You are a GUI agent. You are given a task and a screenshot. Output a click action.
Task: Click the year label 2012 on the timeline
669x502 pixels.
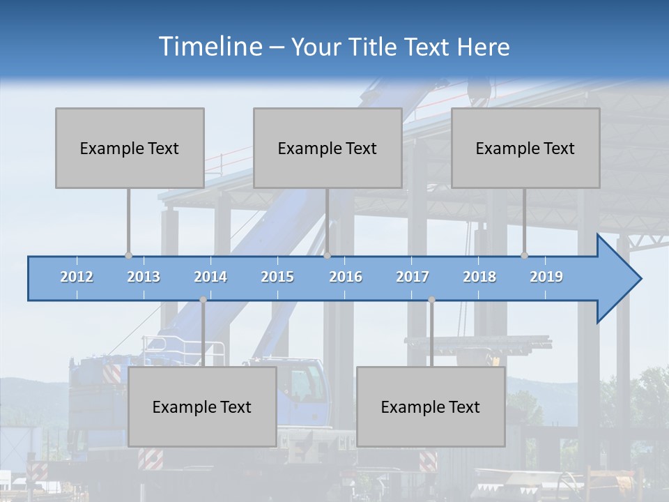click(77, 277)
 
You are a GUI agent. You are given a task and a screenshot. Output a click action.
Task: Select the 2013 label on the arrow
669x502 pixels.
click(144, 277)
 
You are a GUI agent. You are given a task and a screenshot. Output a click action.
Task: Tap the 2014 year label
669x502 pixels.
click(210, 277)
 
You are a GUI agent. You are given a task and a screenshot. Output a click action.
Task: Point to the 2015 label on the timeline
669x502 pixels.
click(277, 277)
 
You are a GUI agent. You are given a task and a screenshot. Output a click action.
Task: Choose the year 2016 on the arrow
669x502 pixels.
click(346, 277)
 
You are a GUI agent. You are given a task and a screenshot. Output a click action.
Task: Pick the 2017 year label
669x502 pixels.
click(413, 277)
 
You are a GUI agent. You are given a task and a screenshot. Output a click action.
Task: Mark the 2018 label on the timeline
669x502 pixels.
click(479, 277)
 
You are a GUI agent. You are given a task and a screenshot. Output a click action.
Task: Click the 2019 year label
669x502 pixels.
click(546, 277)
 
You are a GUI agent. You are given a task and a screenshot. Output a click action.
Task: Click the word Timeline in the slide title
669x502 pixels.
click(210, 47)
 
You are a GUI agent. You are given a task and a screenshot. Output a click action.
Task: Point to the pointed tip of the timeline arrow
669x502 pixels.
click(640, 279)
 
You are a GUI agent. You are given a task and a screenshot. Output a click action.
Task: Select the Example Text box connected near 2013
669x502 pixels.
click(130, 148)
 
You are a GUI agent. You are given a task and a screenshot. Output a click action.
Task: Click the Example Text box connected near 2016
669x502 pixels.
click(328, 148)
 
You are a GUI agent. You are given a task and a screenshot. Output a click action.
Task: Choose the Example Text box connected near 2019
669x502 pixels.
click(525, 148)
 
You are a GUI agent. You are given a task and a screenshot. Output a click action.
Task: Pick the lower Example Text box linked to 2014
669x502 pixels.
click(202, 406)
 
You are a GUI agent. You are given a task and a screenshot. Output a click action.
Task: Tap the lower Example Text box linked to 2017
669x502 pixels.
click(431, 406)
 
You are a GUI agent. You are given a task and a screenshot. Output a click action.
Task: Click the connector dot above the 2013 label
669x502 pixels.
click(128, 255)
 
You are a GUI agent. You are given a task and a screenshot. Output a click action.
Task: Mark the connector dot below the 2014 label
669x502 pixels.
click(203, 300)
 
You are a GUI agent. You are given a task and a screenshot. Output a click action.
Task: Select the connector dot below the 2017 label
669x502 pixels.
click(431, 300)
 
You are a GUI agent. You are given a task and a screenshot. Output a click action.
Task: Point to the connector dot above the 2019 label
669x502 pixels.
click(524, 255)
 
